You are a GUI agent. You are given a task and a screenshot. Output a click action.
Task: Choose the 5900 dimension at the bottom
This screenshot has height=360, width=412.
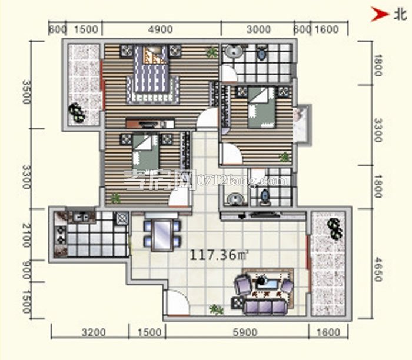coord(245,332)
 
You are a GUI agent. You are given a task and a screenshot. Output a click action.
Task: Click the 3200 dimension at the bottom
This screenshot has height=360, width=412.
coord(94,332)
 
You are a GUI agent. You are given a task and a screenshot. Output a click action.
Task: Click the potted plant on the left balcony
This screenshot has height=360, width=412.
coord(76,111)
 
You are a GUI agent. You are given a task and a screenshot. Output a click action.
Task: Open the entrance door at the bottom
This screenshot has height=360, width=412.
coord(176,303)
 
